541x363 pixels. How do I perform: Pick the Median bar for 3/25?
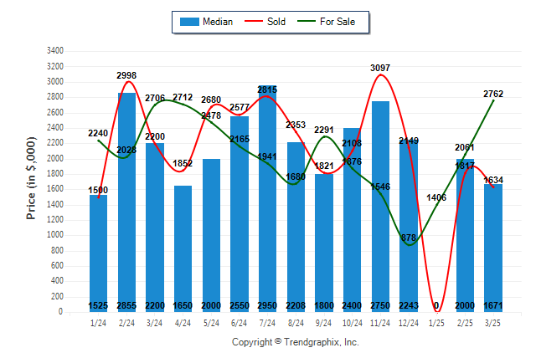[x=493, y=248]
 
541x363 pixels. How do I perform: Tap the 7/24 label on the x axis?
[x=268, y=323]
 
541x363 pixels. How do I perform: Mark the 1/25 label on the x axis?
[x=437, y=323]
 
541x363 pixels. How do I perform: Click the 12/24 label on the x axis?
[x=409, y=323]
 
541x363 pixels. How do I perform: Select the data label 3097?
[x=380, y=67]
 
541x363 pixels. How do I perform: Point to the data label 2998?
[x=126, y=75]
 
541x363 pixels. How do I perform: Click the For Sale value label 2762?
[x=493, y=94]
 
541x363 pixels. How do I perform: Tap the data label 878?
[x=409, y=238]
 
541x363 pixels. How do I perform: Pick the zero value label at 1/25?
[x=436, y=305]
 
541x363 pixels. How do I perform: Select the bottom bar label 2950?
[x=268, y=305]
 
